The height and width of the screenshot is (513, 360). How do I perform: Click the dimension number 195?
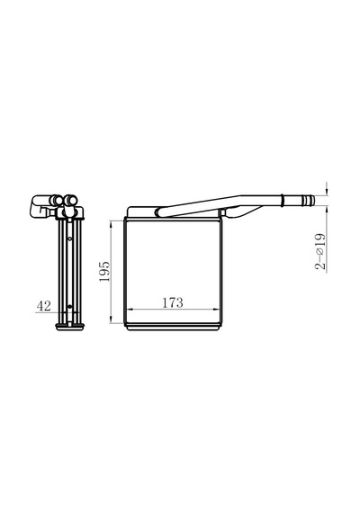[104, 271]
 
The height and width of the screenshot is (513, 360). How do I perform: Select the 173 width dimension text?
[173, 302]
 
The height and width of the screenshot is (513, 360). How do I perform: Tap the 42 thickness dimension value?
[44, 306]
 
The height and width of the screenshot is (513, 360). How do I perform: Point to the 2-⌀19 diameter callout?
[320, 251]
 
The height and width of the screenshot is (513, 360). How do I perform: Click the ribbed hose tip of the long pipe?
[307, 200]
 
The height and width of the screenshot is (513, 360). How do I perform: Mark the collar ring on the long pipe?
[282, 200]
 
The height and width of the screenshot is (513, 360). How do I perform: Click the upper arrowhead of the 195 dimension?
[112, 224]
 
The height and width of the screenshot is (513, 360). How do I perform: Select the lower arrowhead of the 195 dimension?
[112, 319]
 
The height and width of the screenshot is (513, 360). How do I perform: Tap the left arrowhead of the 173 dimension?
[130, 309]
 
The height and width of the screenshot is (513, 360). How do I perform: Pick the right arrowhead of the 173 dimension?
[216, 309]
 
